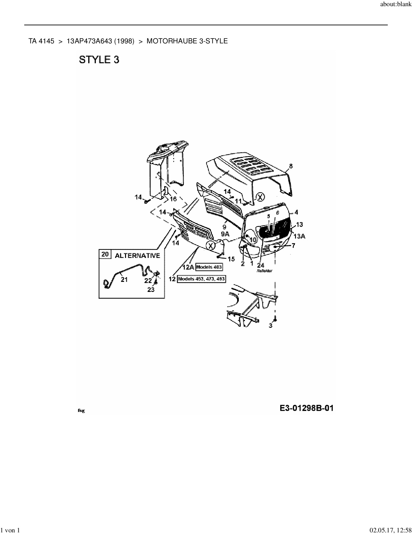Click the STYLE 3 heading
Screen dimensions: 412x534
pyautogui.click(x=99, y=60)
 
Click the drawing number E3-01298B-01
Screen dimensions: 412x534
pyautogui.click(x=306, y=408)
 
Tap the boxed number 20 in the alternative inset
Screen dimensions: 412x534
pyautogui.click(x=105, y=254)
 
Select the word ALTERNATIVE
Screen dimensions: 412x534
pyautogui.click(x=137, y=256)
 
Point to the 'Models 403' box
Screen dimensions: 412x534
pyautogui.click(x=209, y=267)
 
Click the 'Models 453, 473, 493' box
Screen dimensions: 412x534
pyautogui.click(x=201, y=279)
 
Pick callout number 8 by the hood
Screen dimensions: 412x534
pyautogui.click(x=291, y=166)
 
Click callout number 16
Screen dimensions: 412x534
pyautogui.click(x=173, y=199)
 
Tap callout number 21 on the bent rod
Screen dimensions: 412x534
pyautogui.click(x=124, y=280)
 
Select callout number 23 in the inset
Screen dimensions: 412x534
pyautogui.click(x=151, y=290)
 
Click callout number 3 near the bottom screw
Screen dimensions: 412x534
pyautogui.click(x=270, y=326)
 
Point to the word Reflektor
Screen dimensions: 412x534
pyautogui.click(x=264, y=271)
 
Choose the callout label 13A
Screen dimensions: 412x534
pyautogui.click(x=299, y=236)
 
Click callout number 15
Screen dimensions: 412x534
pyautogui.click(x=231, y=259)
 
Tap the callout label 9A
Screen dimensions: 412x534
pyautogui.click(x=225, y=234)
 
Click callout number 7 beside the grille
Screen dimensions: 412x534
pyautogui.click(x=293, y=246)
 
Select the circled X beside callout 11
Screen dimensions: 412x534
pyautogui.click(x=260, y=196)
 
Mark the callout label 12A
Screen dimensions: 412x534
pyautogui.click(x=188, y=267)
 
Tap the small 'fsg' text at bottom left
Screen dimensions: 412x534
pyautogui.click(x=81, y=411)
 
